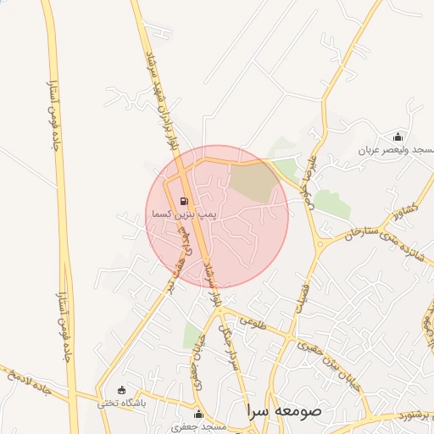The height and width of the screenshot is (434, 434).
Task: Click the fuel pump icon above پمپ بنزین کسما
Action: tap(183, 202)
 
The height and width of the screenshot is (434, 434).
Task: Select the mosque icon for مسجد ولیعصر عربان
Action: tap(398, 136)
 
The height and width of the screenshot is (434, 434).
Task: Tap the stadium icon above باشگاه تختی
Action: tap(122, 391)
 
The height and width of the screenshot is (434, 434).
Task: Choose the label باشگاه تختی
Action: tap(120, 403)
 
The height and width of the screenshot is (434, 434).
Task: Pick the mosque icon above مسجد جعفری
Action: tap(198, 414)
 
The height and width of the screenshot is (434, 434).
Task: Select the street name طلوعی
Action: tap(253, 323)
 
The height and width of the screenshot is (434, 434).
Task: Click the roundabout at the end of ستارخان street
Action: tap(320, 245)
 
